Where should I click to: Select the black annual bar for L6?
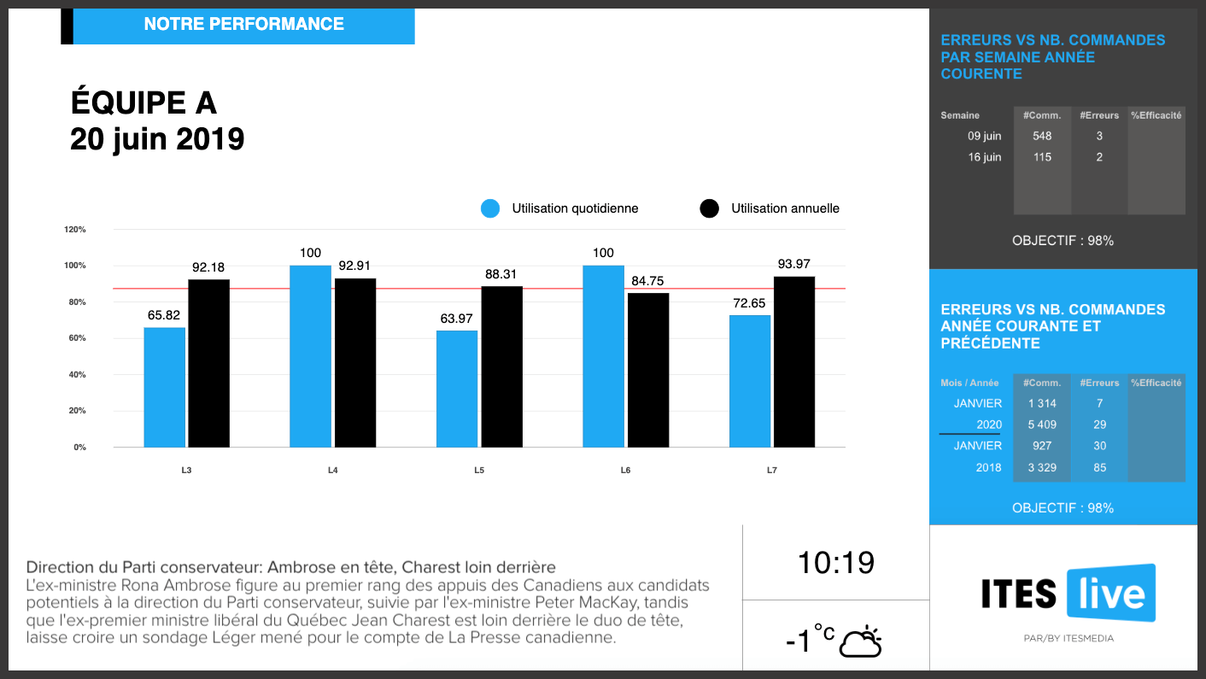pyautogui.click(x=648, y=370)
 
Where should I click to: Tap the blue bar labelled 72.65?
pyautogui.click(x=749, y=381)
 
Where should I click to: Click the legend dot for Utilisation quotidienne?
pyautogui.click(x=489, y=208)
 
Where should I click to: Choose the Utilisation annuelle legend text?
pyautogui.click(x=785, y=208)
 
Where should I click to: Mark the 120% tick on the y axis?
pyautogui.click(x=75, y=230)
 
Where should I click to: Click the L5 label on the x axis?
pyautogui.click(x=479, y=471)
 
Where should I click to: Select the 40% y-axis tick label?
pyautogui.click(x=75, y=375)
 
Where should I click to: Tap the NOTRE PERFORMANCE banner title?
pyautogui.click(x=243, y=25)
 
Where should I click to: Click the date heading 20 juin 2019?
pyautogui.click(x=157, y=138)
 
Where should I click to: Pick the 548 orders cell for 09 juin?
pyautogui.click(x=1041, y=136)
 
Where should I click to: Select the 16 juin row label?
pyautogui.click(x=985, y=157)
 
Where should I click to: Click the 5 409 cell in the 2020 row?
pyautogui.click(x=1041, y=424)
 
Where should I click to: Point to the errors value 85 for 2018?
pyautogui.click(x=1099, y=467)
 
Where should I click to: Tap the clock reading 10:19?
pyautogui.click(x=835, y=563)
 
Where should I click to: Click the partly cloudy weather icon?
pyautogui.click(x=860, y=642)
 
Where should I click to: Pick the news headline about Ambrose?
pyautogui.click(x=290, y=567)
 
